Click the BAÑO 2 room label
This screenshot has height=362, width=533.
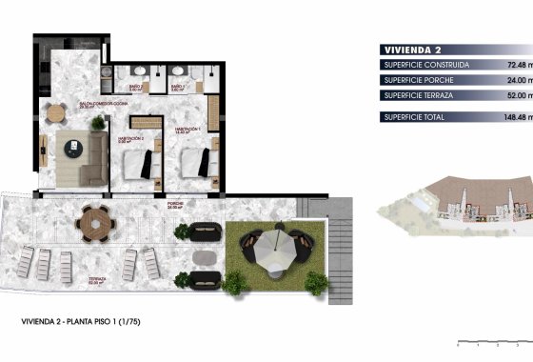(136, 88)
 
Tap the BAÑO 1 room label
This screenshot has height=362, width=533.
(178, 88)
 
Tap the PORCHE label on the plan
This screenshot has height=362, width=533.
(175, 203)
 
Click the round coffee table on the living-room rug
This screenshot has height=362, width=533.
(74, 147)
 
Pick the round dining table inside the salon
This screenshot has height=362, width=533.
(54, 112)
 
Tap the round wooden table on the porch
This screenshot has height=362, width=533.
(95, 225)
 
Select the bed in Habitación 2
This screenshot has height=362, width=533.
(143, 164)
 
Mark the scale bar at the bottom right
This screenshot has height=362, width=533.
(489, 340)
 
